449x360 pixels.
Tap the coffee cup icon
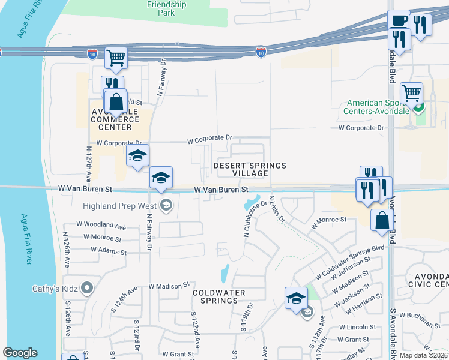coord(399,20)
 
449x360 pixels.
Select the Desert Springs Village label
coord(250,169)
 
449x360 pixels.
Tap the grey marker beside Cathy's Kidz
coord(87,289)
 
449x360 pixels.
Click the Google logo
coord(20,353)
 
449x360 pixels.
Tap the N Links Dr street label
coord(276,209)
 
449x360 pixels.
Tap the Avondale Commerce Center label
coord(115,119)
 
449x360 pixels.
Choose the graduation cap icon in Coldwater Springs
coord(296,298)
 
